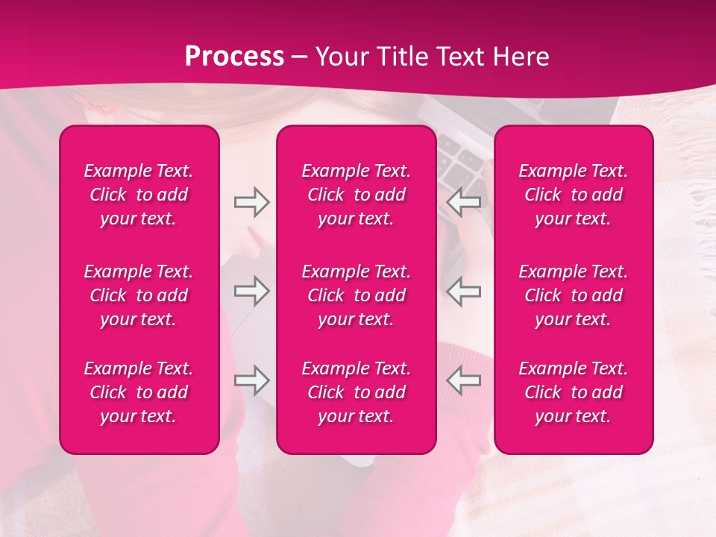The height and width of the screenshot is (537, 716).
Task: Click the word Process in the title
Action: (234, 57)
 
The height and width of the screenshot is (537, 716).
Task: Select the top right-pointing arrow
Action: (251, 202)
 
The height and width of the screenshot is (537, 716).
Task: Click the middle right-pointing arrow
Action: (251, 291)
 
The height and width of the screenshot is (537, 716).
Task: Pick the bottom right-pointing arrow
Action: (251, 380)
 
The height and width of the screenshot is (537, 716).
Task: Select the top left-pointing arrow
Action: (464, 202)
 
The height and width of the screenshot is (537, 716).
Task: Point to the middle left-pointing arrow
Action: (464, 291)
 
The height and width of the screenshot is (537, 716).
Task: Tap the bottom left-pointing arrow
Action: (464, 380)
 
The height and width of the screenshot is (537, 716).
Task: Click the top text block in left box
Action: (139, 195)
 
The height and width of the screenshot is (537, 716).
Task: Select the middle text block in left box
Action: (139, 295)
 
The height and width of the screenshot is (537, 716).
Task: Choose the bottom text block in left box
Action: (139, 392)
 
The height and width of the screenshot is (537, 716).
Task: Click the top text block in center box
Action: (357, 195)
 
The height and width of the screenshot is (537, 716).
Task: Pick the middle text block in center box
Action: (357, 295)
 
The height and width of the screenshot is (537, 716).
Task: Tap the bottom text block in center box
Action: (357, 392)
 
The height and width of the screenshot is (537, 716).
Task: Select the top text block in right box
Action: (574, 195)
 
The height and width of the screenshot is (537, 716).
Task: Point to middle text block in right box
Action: (574, 295)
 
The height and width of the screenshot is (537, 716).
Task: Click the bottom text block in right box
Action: (574, 392)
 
